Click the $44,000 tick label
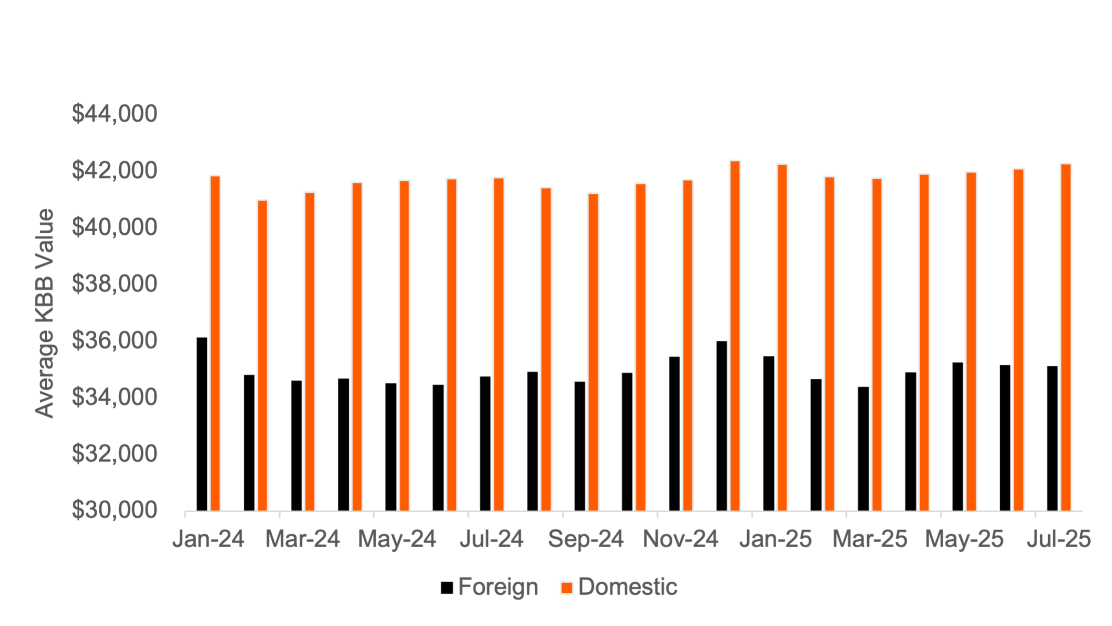114,114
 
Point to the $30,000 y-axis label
114,510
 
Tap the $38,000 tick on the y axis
114,284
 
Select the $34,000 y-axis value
114,397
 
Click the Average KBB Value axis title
45,313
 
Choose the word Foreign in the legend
498,587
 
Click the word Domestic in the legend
628,587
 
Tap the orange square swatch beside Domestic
566,588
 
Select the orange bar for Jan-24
215,343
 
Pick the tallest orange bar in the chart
735,336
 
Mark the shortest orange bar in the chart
262,355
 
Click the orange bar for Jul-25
1066,337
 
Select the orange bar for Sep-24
593,352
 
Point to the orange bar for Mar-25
877,344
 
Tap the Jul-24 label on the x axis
492,539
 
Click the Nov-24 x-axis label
681,539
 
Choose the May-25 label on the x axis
964,539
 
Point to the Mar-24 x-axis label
303,539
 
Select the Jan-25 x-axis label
775,539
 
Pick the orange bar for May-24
404,345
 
